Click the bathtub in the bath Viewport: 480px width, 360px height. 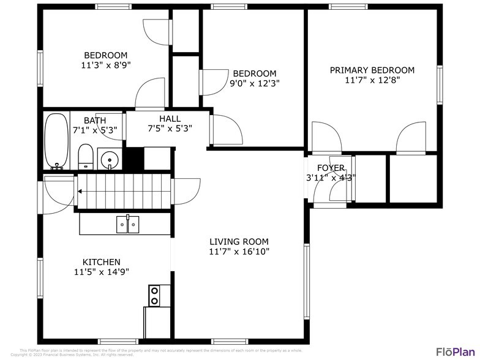(x=58, y=141)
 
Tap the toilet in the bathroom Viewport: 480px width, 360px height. (x=86, y=157)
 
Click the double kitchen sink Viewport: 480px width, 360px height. (x=127, y=225)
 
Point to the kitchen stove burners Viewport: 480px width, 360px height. (x=155, y=296)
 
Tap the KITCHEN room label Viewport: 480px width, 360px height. (x=97, y=261)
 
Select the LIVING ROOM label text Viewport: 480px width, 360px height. (x=239, y=241)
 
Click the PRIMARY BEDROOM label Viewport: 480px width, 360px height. (x=372, y=70)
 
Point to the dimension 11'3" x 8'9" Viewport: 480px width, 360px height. (x=105, y=64)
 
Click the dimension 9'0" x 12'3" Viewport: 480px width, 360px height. (x=254, y=83)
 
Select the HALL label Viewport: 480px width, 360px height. (x=170, y=119)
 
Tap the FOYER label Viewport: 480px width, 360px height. (x=331, y=168)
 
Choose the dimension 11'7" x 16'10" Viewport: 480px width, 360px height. (x=239, y=251)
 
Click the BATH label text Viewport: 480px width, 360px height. (x=95, y=120)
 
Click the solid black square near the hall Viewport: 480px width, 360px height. (x=133, y=159)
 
